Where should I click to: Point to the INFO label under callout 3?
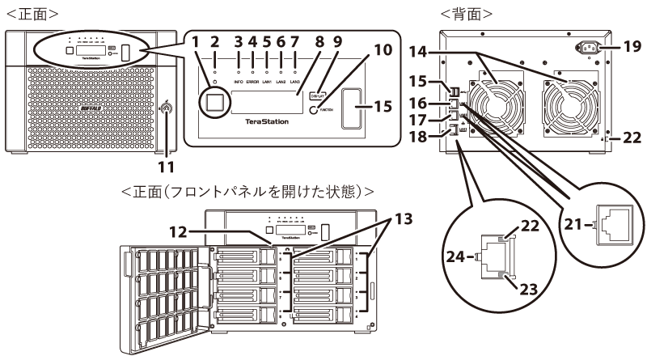point(239,82)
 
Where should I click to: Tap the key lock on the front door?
point(167,108)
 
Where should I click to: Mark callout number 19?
point(632,47)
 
